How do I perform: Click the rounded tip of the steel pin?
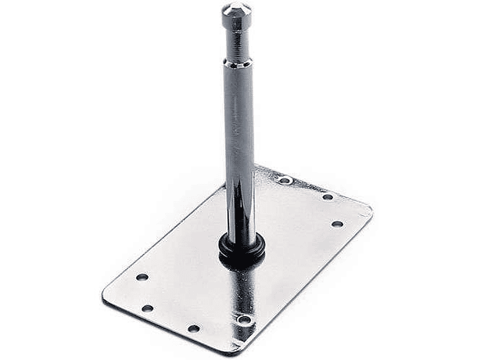[235, 9]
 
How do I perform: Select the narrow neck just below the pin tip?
[235, 29]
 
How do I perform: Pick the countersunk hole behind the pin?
[286, 181]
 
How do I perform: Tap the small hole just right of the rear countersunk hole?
[327, 196]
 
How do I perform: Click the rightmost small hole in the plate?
[337, 224]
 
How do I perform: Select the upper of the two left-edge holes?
[142, 277]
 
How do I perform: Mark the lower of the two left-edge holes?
[146, 308]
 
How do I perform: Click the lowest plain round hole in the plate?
[192, 329]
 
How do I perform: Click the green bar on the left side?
[29, 180]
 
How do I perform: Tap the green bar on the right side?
[447, 180]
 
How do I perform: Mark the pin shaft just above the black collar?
[240, 223]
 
